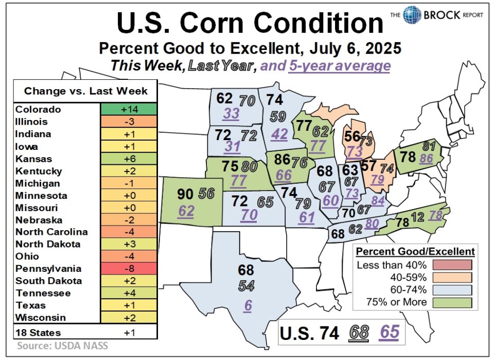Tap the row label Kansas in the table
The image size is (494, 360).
coord(30,159)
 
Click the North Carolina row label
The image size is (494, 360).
coord(51,232)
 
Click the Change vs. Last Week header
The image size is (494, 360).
coord(86,91)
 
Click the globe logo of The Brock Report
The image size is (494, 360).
coord(412,14)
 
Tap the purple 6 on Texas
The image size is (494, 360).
coord(248,305)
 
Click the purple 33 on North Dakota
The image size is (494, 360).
coord(231,114)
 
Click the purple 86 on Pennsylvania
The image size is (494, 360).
coord(426,159)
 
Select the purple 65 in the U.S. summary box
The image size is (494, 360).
coord(390,332)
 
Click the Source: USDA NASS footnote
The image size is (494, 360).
coord(63,346)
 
